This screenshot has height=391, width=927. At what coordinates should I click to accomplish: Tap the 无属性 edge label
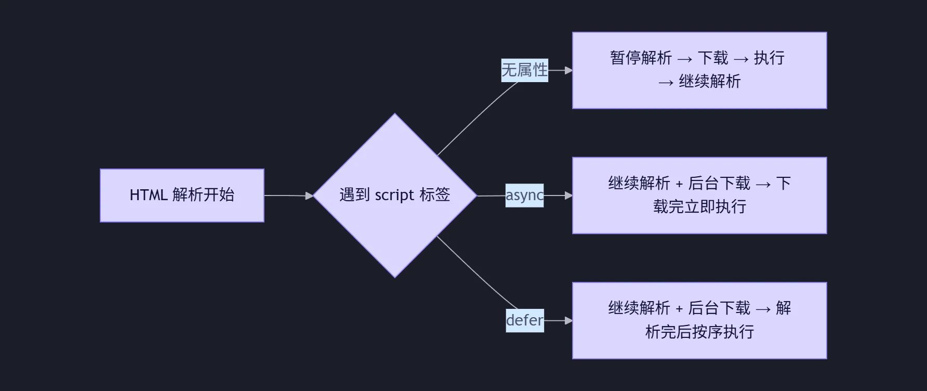click(524, 70)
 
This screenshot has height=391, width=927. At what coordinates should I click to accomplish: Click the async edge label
click(524, 196)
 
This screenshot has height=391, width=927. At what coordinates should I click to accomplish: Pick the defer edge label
click(524, 320)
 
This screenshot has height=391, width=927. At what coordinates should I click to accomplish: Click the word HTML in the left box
click(148, 195)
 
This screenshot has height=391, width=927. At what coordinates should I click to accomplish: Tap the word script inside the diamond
click(394, 195)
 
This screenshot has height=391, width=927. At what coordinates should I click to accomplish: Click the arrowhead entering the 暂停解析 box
click(568, 70)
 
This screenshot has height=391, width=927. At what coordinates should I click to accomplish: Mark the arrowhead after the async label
click(568, 196)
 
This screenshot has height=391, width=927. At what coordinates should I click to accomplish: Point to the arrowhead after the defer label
click(568, 321)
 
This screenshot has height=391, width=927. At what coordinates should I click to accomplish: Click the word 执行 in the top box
click(769, 58)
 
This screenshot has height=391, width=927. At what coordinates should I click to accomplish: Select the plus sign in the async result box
click(679, 184)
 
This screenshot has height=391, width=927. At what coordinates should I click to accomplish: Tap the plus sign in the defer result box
click(679, 309)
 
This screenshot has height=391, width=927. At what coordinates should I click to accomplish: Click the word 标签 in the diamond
click(435, 195)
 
